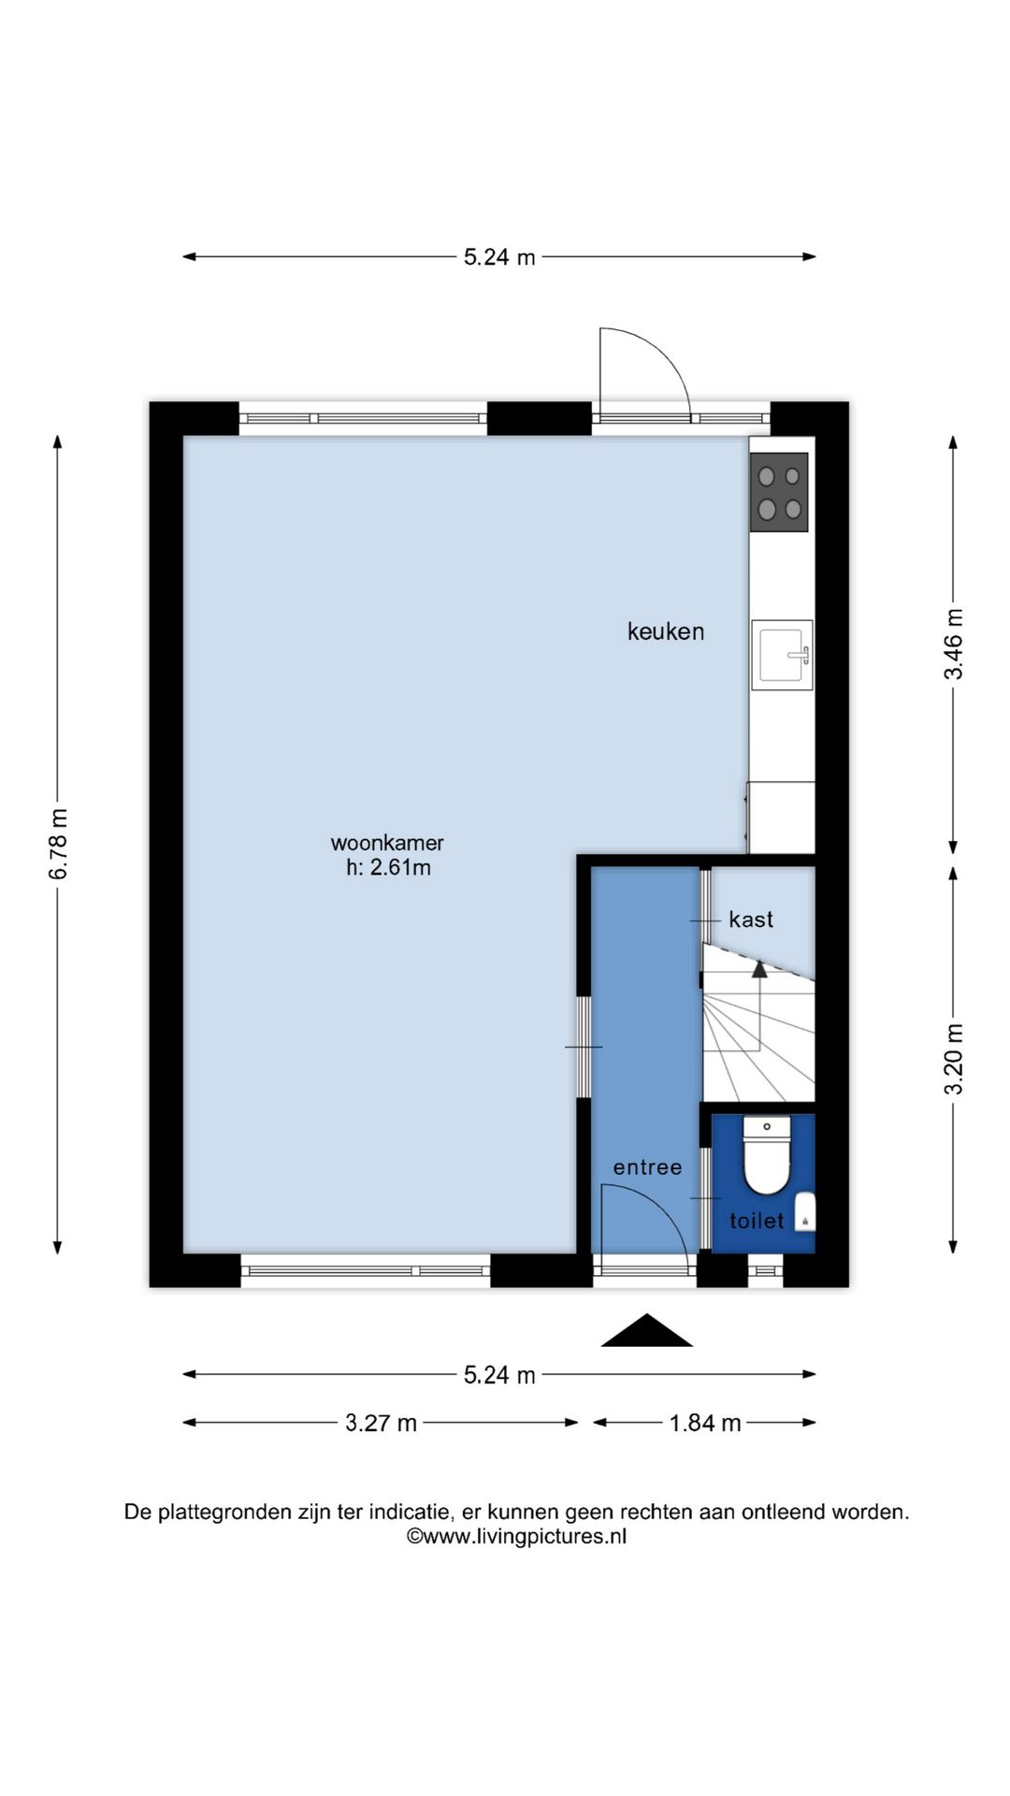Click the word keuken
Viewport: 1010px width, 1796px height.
pyautogui.click(x=665, y=631)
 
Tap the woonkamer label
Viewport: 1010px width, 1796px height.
pyautogui.click(x=387, y=842)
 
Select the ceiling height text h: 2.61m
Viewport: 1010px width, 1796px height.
pyautogui.click(x=388, y=867)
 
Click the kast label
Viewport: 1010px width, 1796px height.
pyautogui.click(x=751, y=920)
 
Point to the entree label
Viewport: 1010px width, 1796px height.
pyautogui.click(x=647, y=1167)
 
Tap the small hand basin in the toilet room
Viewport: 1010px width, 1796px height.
pyautogui.click(x=805, y=1211)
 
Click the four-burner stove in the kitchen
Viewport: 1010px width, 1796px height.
pyautogui.click(x=779, y=493)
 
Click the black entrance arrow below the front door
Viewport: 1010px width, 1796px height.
pyautogui.click(x=646, y=1331)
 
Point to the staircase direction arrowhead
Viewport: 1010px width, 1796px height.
pyautogui.click(x=759, y=969)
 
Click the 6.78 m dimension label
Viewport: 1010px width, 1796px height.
pyautogui.click(x=58, y=844)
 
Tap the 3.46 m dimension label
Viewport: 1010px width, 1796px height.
pyautogui.click(x=953, y=644)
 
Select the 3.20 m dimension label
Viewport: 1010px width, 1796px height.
pyautogui.click(x=953, y=1059)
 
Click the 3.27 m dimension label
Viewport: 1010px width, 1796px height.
pyautogui.click(x=381, y=1423)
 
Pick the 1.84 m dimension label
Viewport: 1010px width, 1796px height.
pyautogui.click(x=705, y=1423)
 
